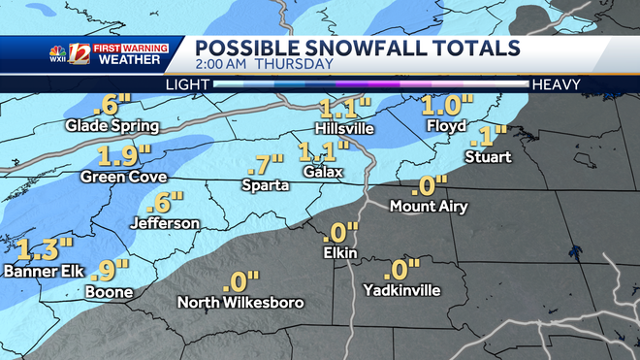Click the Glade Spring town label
pyautogui.click(x=106, y=126)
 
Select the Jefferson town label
pyautogui.click(x=166, y=223)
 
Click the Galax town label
pyautogui.click(x=324, y=172)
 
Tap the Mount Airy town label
pyautogui.click(x=428, y=206)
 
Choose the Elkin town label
pyautogui.click(x=340, y=253)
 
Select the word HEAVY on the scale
pyautogui.click(x=555, y=84)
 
